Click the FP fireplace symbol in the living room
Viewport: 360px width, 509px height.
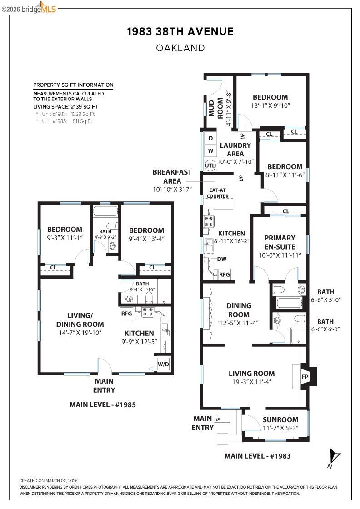click(305, 377)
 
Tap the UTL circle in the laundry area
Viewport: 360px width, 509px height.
click(210, 165)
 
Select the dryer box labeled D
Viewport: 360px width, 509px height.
click(210, 138)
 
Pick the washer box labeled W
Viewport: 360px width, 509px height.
click(210, 150)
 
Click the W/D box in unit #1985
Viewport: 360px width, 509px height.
click(163, 364)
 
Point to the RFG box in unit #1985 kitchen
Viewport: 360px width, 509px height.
click(126, 313)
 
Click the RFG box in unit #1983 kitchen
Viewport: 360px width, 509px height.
click(225, 274)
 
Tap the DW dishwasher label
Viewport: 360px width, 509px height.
click(222, 259)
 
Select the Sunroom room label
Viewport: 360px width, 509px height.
click(280, 419)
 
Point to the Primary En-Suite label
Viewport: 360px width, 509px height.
click(280, 242)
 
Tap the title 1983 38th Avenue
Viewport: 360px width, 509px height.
click(180, 31)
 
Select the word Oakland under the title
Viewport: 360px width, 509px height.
click(180, 48)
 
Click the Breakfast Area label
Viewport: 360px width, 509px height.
click(172, 176)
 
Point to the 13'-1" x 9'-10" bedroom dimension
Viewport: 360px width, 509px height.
click(270, 105)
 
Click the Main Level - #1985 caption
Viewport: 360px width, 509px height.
click(102, 404)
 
